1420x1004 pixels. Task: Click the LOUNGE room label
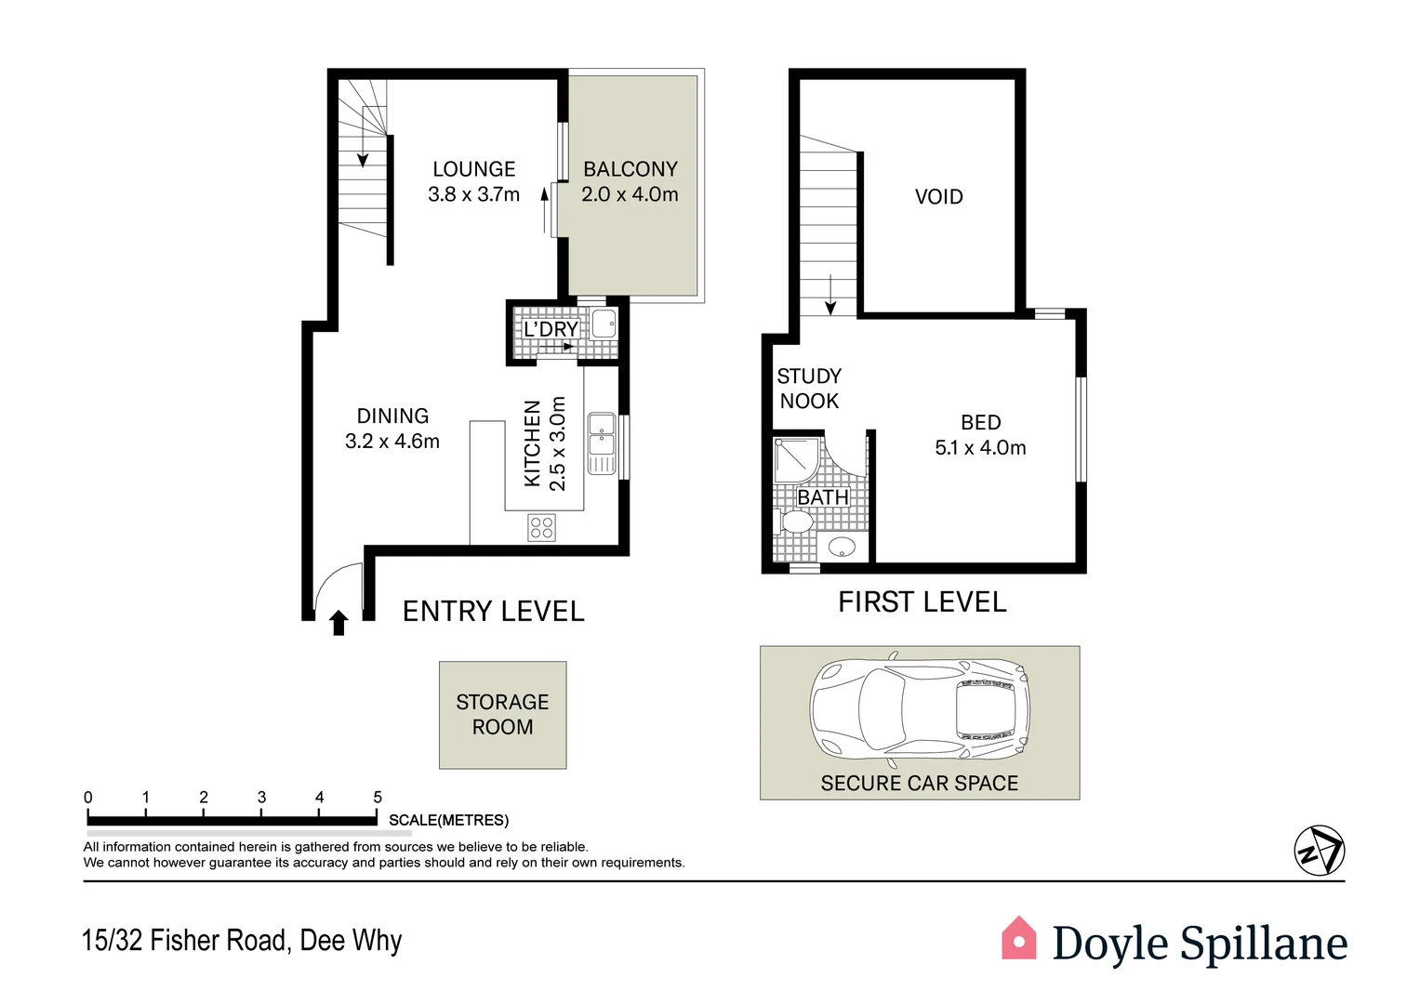473,170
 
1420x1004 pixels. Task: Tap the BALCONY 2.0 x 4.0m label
630,182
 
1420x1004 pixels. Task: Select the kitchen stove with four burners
541,528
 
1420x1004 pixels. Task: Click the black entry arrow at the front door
338,622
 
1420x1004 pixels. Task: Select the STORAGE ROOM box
502,715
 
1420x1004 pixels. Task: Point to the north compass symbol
1319,851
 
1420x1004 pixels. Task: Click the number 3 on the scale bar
261,798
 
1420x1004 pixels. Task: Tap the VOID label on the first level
938,197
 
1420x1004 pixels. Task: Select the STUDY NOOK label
809,389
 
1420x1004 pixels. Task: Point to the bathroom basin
842,547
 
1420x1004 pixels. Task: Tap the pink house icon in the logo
1018,939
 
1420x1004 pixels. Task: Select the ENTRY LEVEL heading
493,612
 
